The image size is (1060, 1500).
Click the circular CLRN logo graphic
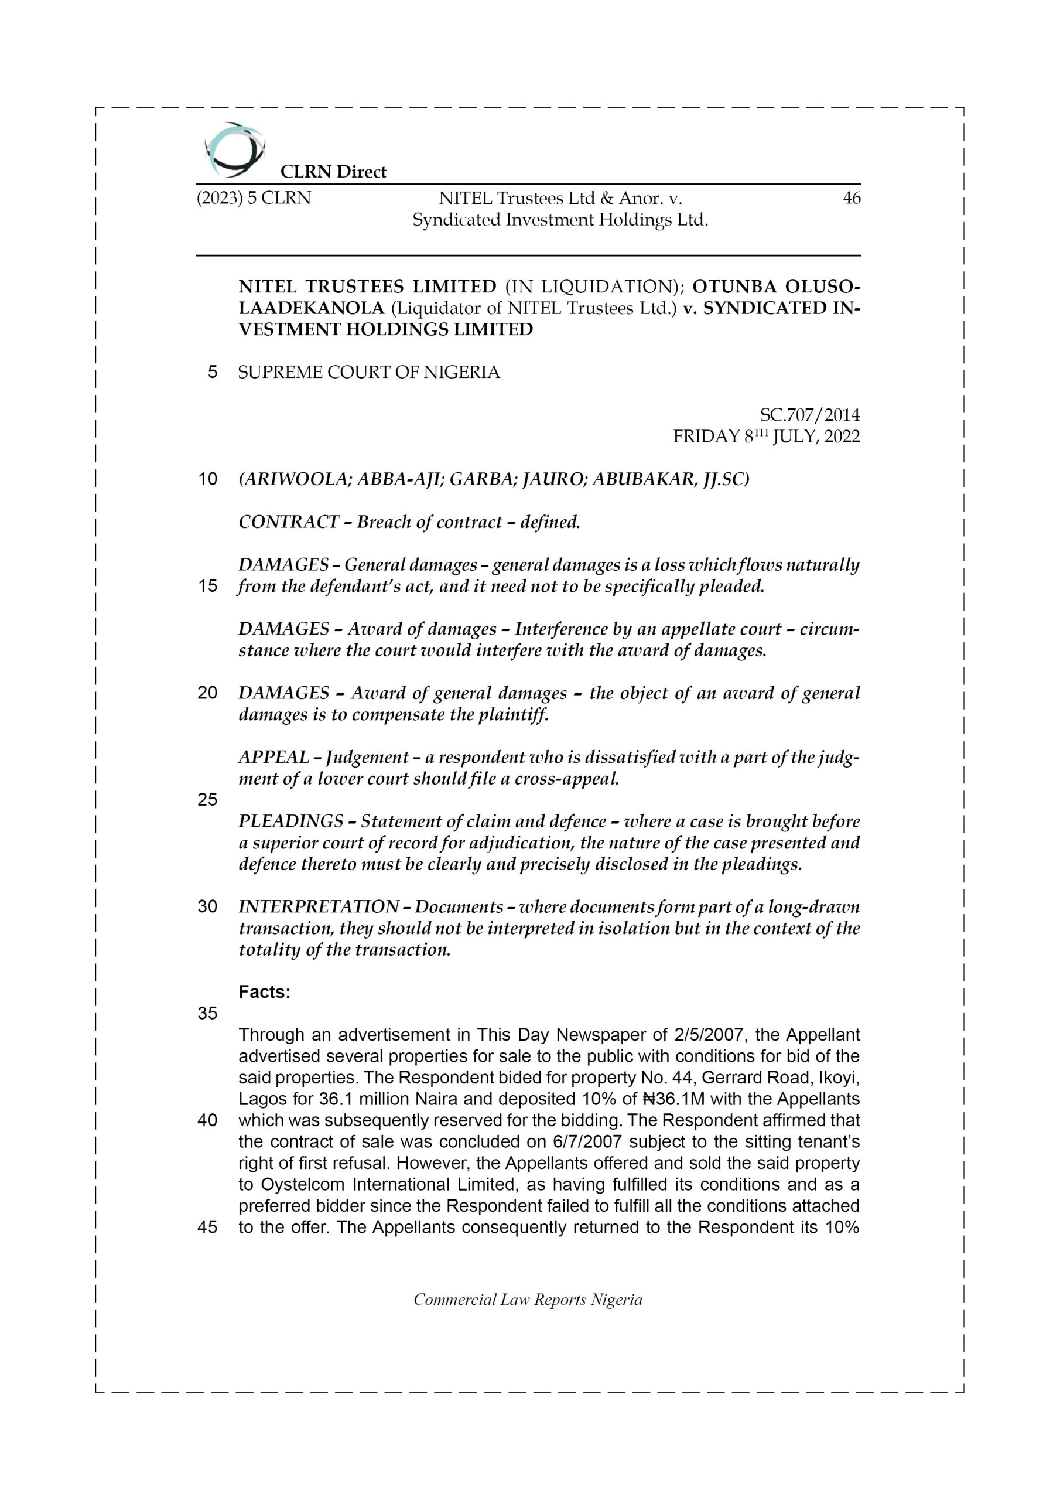click(234, 150)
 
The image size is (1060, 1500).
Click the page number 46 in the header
click(851, 198)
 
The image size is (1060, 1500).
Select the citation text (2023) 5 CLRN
click(254, 198)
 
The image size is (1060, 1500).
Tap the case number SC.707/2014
click(809, 415)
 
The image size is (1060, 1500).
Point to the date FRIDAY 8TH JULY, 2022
click(766, 437)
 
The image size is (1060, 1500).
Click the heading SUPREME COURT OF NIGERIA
click(368, 373)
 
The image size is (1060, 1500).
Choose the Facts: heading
click(265, 992)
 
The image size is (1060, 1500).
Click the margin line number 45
click(207, 1227)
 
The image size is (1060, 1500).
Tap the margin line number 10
click(207, 479)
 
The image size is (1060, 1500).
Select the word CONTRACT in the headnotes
click(288, 522)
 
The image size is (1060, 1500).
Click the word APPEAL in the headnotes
click(273, 757)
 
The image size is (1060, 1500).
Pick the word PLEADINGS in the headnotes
click(290, 821)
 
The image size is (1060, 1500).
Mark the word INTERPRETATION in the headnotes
click(318, 907)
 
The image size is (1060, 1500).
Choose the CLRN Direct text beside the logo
click(333, 172)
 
